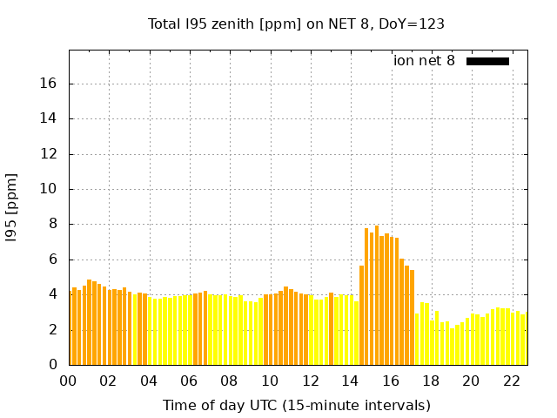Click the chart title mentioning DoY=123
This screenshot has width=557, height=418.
point(296,24)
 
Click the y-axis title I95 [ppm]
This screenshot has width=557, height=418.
point(12,206)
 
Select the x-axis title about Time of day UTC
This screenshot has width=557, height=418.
point(296,405)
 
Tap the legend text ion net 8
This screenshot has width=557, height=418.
point(424,61)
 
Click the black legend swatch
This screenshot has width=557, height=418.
point(487,61)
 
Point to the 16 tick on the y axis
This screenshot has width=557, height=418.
point(50,84)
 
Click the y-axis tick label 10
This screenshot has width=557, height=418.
point(50,189)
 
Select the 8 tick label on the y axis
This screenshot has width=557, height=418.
point(53,224)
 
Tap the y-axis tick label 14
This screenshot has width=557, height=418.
point(50,118)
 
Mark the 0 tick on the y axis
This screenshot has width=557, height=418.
point(53,365)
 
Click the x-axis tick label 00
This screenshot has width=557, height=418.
point(69,381)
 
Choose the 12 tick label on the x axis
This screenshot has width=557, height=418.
point(310,381)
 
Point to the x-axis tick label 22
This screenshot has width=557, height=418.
point(511,381)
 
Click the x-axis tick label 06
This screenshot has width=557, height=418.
point(189,381)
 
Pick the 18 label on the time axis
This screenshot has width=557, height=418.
point(431,381)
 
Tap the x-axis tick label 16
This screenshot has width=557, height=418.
point(390,381)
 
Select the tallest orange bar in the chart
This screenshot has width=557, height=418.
point(377,296)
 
